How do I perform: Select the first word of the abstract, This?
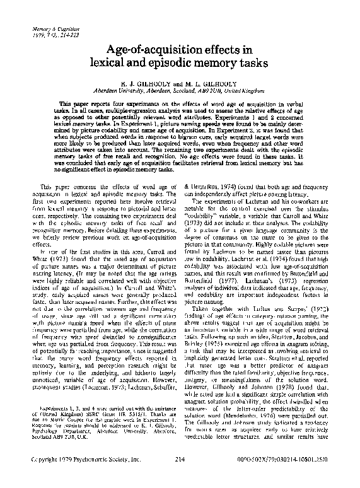tap(66, 103)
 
